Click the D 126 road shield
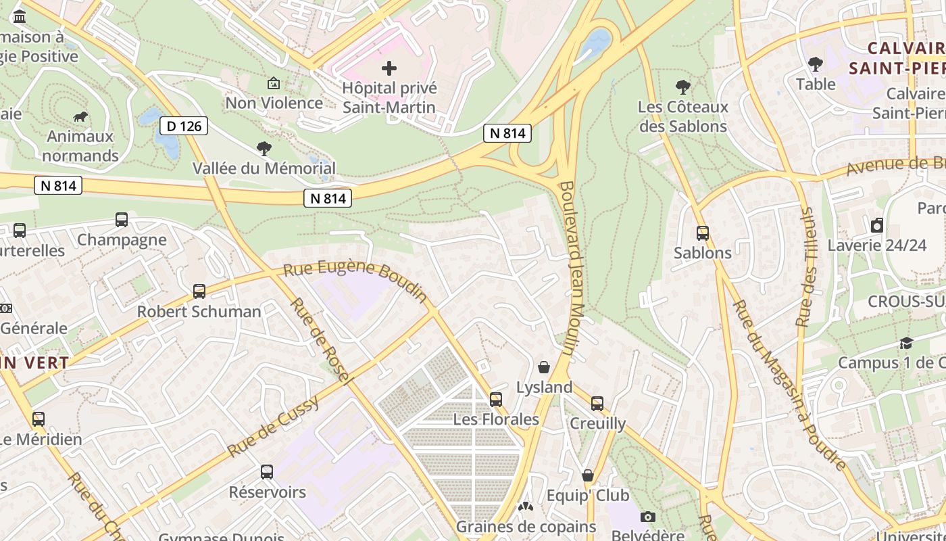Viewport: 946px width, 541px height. [x=184, y=125]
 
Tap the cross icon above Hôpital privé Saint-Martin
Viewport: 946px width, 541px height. [x=389, y=68]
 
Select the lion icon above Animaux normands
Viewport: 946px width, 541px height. [x=80, y=117]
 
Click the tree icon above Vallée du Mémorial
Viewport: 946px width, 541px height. [x=264, y=149]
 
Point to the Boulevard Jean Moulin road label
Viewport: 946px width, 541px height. [x=571, y=268]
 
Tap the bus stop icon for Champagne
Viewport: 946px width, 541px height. [x=122, y=220]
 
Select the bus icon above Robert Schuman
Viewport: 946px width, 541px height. [x=199, y=291]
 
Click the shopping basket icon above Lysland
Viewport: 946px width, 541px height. [x=544, y=367]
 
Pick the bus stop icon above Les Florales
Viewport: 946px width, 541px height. [x=496, y=399]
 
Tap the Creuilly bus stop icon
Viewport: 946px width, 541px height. [x=597, y=404]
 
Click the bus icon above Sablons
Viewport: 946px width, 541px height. [x=703, y=233]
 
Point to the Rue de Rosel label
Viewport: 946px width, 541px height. [x=322, y=342]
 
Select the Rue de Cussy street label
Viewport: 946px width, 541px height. [x=273, y=427]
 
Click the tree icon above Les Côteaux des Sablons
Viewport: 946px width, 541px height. [x=683, y=87]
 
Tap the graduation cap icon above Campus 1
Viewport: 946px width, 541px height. [x=906, y=344]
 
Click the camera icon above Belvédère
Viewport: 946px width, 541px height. [x=648, y=517]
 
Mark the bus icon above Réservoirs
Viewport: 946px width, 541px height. [x=267, y=472]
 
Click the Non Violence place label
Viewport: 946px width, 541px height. [x=274, y=103]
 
